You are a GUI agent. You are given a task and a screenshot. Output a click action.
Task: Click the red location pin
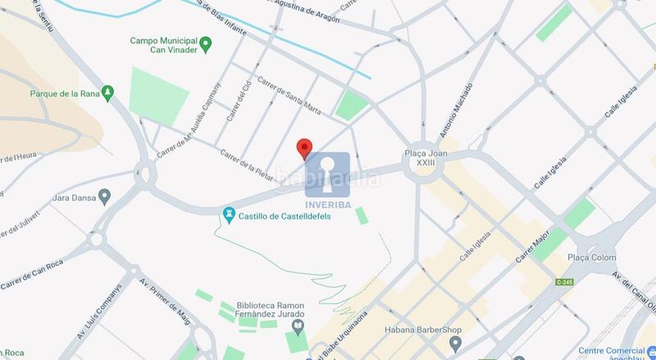click(x=304, y=148)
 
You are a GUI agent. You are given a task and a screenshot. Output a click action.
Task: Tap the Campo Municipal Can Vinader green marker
click(x=207, y=43)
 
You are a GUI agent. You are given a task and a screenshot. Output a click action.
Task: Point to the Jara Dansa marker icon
click(x=104, y=197)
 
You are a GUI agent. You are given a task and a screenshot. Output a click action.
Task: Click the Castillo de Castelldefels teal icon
click(x=230, y=216)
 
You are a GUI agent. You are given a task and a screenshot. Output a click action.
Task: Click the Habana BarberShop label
click(x=422, y=330)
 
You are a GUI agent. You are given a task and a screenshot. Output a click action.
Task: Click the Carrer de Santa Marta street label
click(x=289, y=94)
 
